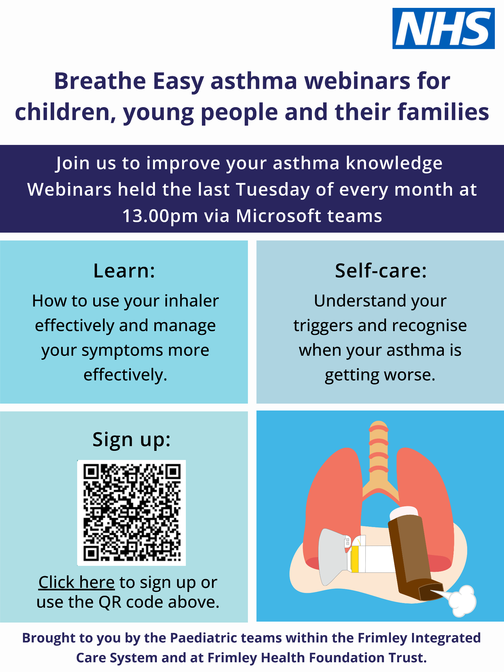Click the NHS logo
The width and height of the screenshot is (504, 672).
tap(444, 28)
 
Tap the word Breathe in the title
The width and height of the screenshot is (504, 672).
tap(100, 81)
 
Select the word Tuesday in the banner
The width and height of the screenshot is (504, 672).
tap(273, 190)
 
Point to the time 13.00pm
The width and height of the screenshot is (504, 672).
tap(160, 216)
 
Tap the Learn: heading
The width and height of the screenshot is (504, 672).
tap(124, 271)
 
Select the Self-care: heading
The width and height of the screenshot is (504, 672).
tap(381, 271)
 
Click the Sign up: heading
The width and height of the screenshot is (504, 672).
tap(132, 440)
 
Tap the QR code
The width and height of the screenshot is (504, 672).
tap(132, 513)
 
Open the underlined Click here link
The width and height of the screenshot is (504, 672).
tap(77, 582)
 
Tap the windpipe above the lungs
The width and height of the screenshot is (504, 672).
tap(379, 454)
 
